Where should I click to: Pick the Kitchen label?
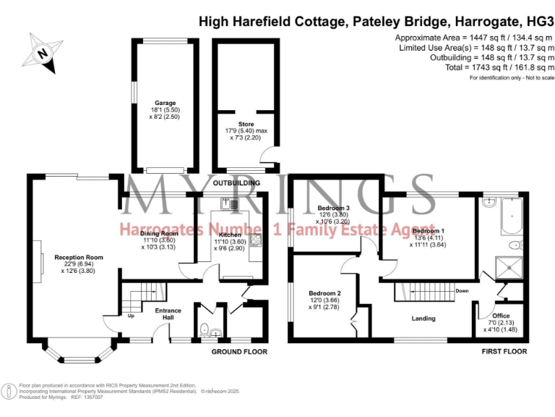point(230,235)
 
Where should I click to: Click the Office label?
point(501,316)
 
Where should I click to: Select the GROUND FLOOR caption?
point(239,352)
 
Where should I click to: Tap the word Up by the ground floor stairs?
point(130,316)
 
